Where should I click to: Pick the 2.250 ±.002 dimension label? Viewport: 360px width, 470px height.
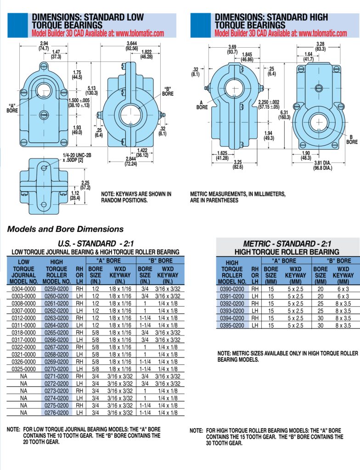(269, 104)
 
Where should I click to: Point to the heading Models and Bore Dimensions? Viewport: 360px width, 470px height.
(65, 229)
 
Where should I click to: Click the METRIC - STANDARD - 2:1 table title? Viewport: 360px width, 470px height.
(287, 244)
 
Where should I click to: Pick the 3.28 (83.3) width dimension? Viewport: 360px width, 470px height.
(321, 46)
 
